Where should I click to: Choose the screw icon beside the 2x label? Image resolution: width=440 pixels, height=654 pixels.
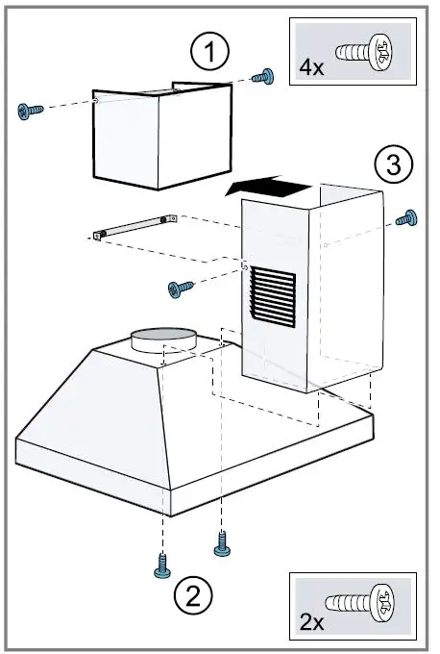pos(359,608)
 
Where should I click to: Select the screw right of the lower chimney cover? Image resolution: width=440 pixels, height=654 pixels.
pos(407,217)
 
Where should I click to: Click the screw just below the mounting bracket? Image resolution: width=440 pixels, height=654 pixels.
pos(179,288)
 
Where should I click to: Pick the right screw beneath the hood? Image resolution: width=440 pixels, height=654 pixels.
pos(222,545)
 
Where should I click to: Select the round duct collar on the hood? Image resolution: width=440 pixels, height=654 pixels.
pos(162,338)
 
